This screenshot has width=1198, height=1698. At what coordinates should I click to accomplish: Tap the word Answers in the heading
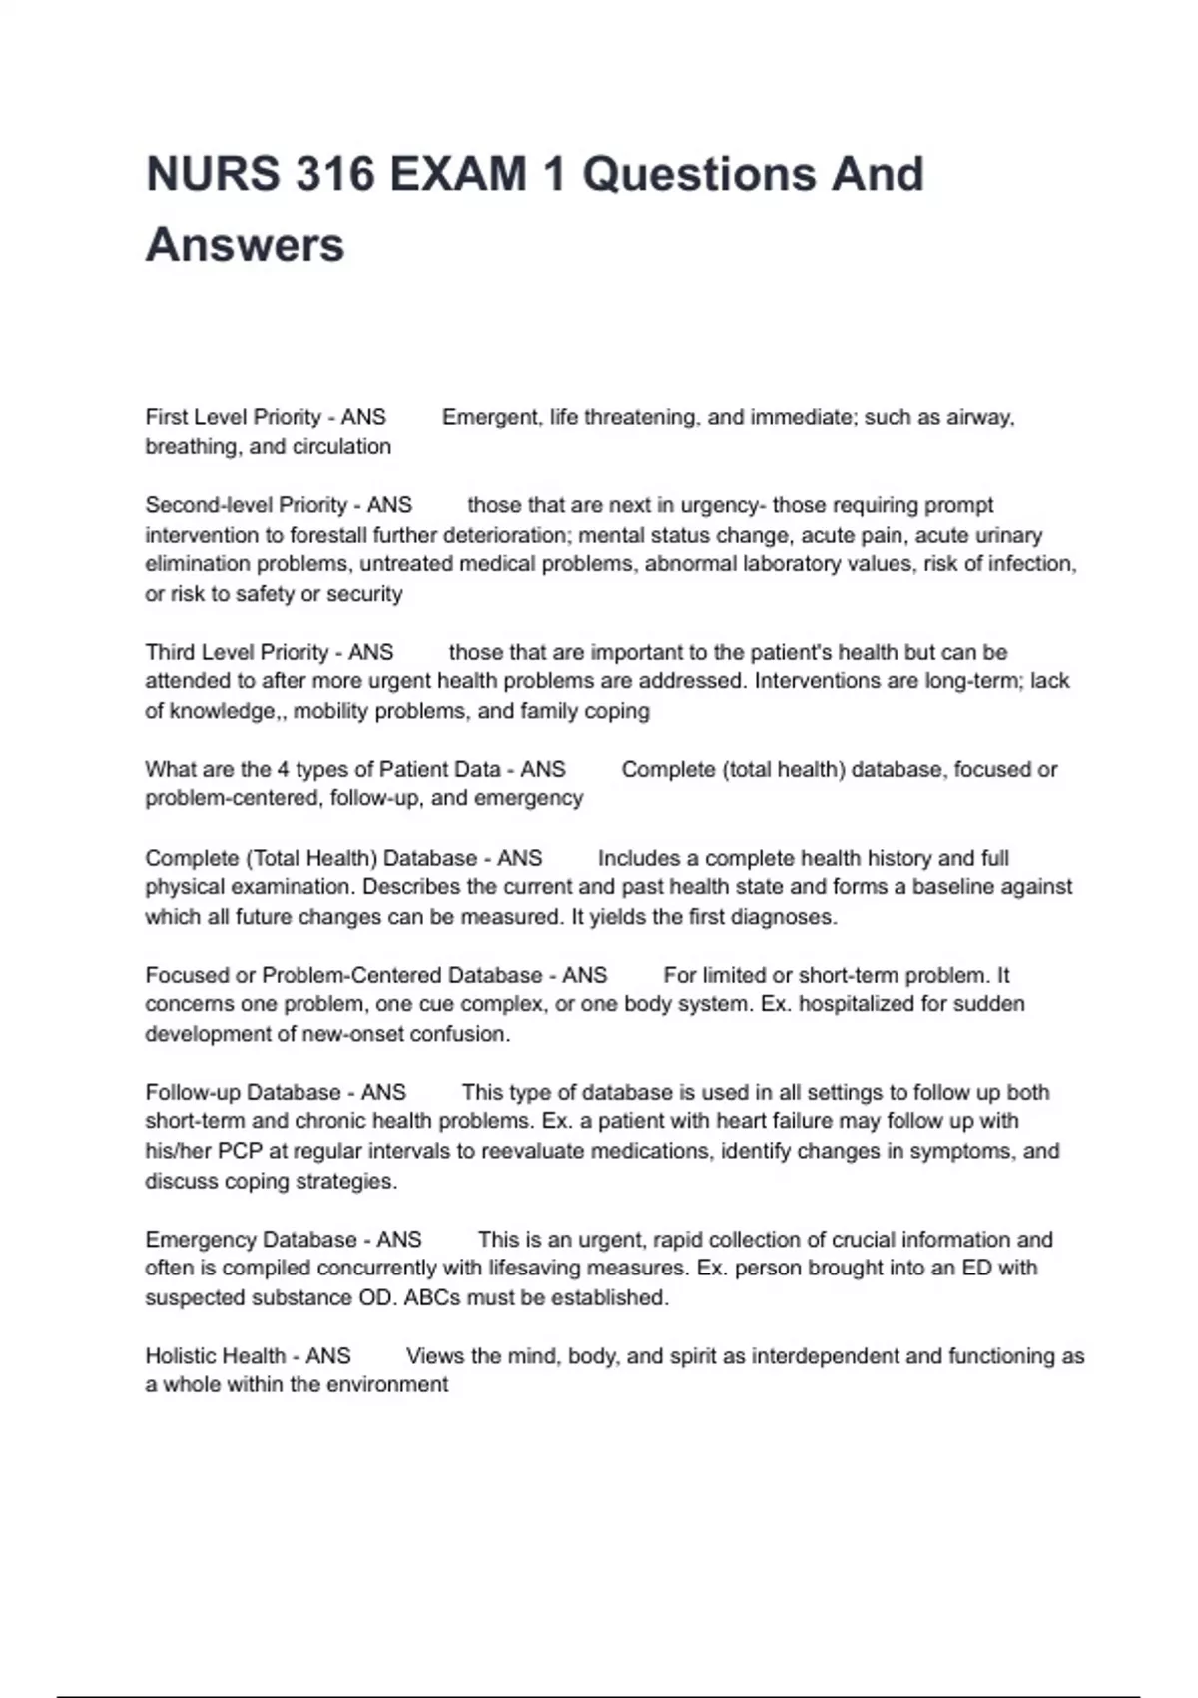coord(246,245)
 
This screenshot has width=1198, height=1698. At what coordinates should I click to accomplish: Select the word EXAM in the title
coord(458,174)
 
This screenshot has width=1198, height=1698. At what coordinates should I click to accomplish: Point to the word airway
coord(980,417)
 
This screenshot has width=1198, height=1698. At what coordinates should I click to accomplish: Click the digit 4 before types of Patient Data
coord(283,770)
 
